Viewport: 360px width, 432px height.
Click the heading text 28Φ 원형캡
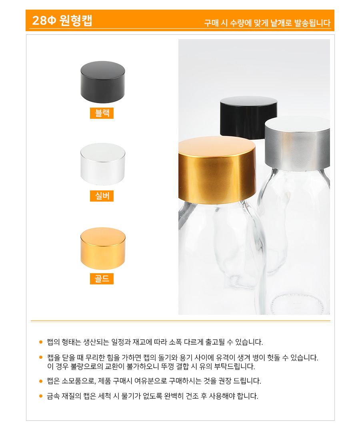point(62,20)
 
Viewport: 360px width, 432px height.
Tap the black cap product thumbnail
point(102,82)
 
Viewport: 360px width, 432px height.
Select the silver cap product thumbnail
point(102,164)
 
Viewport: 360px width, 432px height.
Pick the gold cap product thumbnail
point(103,248)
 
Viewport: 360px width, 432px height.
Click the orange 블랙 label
point(102,113)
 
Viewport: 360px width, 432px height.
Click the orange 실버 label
point(102,196)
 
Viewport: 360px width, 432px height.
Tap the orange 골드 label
point(102,278)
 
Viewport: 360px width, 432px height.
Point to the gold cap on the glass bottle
point(217,170)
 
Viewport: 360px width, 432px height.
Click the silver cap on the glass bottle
point(298,143)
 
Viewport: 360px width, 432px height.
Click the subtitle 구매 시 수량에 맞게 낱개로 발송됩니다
point(267,23)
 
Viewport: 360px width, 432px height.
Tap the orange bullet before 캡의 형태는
point(41,342)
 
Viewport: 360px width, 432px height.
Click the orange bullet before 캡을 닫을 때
point(41,358)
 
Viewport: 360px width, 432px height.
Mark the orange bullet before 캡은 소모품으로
point(41,381)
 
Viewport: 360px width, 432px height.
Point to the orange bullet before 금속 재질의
point(41,396)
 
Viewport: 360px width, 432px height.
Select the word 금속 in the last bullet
point(53,396)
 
